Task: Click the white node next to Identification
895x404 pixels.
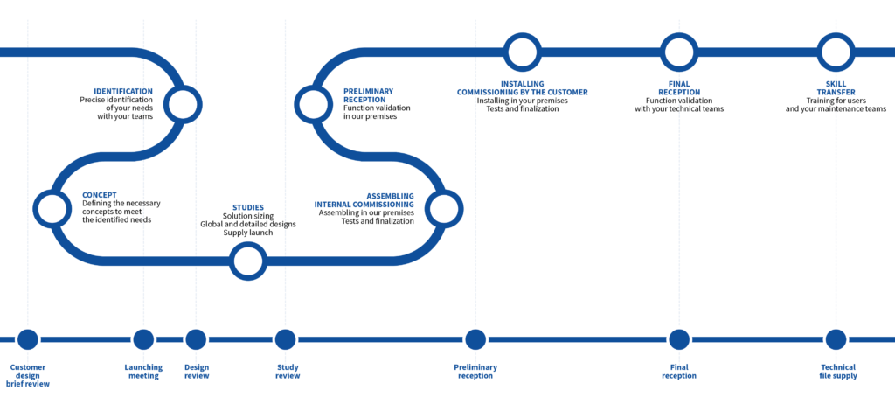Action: click(183, 104)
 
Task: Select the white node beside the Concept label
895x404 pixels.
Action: click(52, 209)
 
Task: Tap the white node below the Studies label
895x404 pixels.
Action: click(248, 261)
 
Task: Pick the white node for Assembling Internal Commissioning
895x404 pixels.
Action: click(443, 209)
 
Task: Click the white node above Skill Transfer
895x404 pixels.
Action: click(836, 52)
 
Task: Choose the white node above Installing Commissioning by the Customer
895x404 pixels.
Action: click(522, 52)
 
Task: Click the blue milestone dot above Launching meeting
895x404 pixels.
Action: click(143, 338)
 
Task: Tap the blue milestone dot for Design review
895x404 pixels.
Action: click(196, 338)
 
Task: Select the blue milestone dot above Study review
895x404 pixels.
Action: click(285, 338)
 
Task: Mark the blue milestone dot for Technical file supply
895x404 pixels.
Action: click(836, 338)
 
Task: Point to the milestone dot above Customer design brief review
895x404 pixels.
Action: click(28, 338)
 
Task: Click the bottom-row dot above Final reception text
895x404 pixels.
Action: click(678, 338)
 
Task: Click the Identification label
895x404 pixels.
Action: click(123, 91)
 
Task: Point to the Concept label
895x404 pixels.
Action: click(100, 195)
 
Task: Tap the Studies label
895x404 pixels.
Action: click(247, 208)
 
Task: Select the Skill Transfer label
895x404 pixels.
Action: click(836, 87)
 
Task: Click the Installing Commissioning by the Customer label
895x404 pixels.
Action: click(523, 87)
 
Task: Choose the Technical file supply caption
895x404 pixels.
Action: click(837, 372)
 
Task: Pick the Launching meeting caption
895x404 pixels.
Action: click(143, 372)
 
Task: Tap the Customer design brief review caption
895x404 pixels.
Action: click(28, 375)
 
